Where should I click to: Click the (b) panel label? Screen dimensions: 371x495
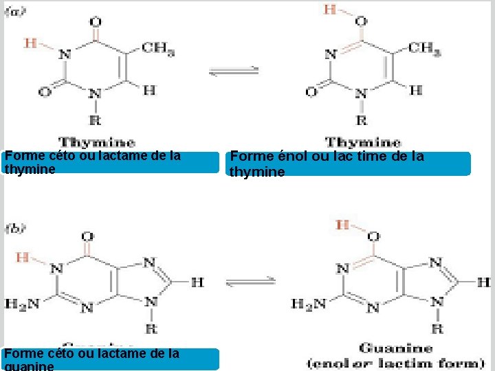16,227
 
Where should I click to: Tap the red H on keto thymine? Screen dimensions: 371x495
30,43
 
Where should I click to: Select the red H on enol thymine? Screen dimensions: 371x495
330,10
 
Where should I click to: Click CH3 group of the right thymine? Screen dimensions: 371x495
424,47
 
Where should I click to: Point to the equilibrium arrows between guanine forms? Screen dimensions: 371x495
250,282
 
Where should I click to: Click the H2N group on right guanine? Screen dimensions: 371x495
307,303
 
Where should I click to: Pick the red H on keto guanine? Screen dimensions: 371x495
22,257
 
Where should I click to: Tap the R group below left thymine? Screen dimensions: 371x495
95,120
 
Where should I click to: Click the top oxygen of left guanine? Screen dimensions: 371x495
87,236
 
